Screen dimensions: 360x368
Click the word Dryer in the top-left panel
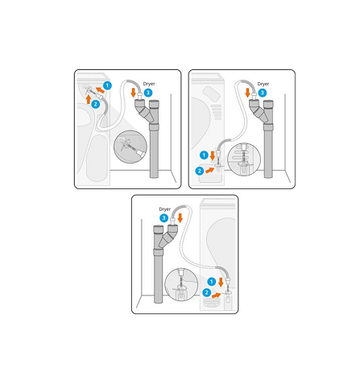[x=149, y=84]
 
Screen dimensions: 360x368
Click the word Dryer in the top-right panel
[x=263, y=84]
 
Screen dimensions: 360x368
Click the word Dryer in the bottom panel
[x=165, y=209]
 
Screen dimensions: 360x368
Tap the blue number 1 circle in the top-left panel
[x=107, y=85]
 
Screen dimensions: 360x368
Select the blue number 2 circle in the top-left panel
[x=96, y=104]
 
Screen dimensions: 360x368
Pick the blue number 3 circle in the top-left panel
[x=148, y=93]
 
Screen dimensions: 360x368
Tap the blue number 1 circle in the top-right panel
[x=204, y=155]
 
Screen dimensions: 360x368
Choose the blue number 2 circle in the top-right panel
[x=200, y=171]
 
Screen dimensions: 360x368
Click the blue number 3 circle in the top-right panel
[x=263, y=93]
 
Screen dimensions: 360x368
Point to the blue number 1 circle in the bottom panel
[x=212, y=281]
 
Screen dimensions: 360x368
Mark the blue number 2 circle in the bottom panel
[x=206, y=292]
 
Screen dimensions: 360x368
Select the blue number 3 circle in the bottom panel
[x=163, y=218]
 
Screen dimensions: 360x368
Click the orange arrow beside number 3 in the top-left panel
[x=134, y=93]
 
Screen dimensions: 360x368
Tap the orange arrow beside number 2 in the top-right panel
[x=210, y=170]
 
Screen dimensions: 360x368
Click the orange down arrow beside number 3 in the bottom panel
[x=180, y=217]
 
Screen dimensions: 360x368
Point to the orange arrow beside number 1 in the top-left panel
[x=100, y=90]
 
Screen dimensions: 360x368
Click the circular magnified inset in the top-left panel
[x=130, y=147]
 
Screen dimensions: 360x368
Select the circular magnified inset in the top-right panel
[x=244, y=159]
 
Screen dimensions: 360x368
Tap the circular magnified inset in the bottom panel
[x=181, y=284]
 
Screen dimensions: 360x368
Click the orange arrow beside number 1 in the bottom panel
[x=221, y=282]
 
